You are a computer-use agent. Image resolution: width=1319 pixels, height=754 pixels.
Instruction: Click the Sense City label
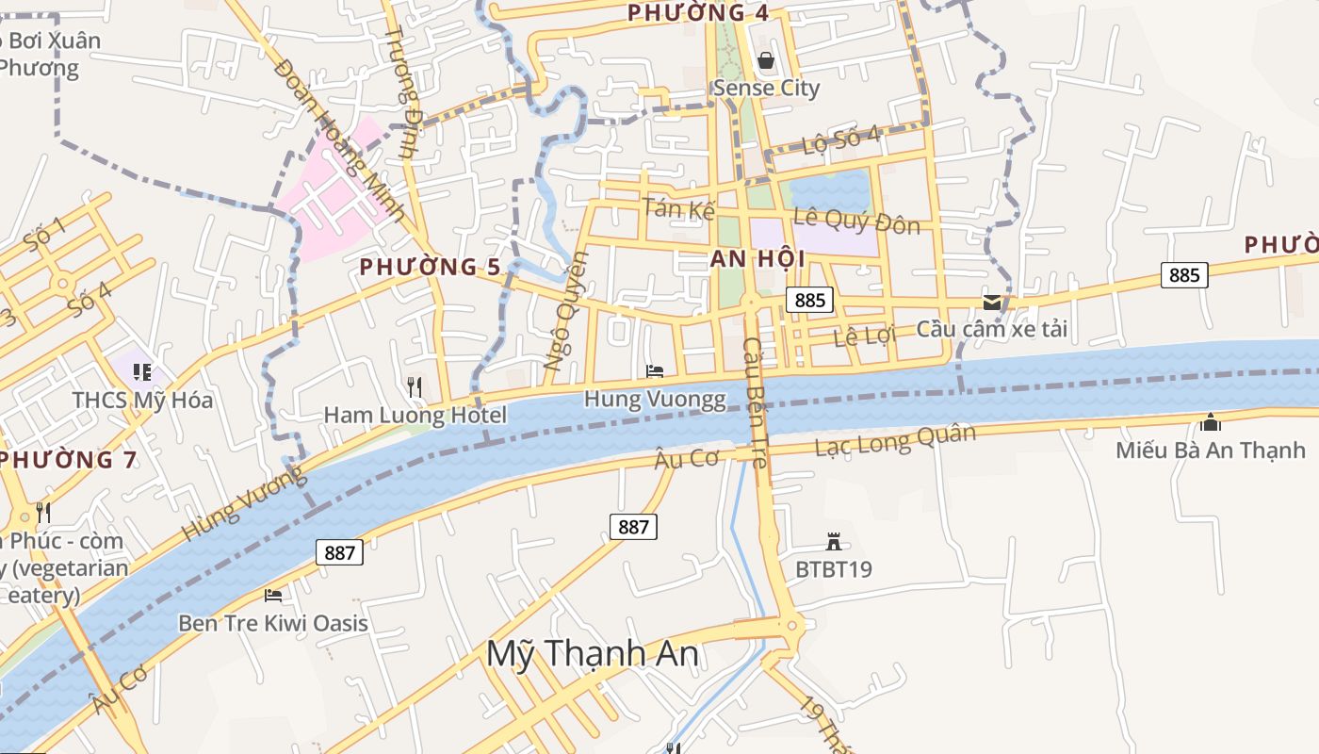point(766,89)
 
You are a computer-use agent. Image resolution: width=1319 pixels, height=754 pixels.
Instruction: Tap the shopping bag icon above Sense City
point(766,61)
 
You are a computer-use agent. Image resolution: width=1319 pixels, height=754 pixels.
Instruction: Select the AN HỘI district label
point(744,259)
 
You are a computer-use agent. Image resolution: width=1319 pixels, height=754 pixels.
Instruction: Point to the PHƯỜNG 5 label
point(431,267)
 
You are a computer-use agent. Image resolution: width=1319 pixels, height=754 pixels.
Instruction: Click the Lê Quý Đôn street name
point(856,221)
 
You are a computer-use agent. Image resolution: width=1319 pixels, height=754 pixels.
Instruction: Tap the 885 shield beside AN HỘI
point(809,301)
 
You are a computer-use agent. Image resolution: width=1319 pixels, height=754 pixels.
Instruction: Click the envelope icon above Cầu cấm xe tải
point(992,302)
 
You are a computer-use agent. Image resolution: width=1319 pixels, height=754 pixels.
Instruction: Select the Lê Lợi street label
point(864,336)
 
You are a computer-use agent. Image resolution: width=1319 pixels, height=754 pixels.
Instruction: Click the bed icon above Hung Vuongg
point(655,371)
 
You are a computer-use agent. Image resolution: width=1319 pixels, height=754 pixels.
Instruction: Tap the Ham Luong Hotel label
point(415,415)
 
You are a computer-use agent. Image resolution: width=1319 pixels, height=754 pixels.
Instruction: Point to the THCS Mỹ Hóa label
point(142,400)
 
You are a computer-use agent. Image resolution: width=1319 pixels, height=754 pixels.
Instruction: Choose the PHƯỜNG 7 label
point(69,460)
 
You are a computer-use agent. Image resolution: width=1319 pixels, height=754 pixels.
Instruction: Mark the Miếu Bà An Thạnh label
point(1211,450)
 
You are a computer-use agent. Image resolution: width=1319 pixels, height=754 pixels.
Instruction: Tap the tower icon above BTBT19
point(833,542)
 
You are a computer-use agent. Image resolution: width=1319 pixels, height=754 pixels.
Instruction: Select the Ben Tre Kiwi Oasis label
point(273,623)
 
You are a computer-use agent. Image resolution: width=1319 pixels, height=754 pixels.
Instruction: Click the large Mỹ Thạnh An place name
point(593,653)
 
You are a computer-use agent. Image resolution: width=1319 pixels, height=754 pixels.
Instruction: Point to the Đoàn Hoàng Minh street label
point(340,139)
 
